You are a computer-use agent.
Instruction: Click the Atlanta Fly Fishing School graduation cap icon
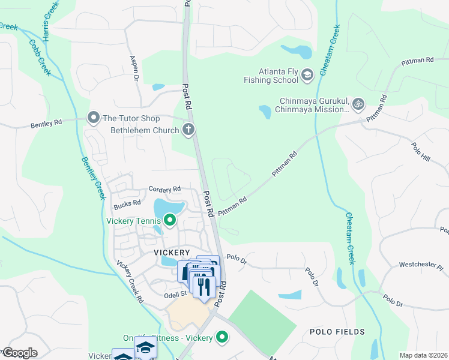tap(307, 74)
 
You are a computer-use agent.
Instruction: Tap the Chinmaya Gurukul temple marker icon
tap(358, 104)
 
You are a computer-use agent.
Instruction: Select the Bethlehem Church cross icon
tap(188, 129)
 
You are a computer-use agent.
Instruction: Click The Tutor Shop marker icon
tap(93, 118)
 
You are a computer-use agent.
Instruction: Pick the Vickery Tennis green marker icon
tap(170, 221)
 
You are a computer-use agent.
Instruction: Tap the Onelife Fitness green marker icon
tap(222, 338)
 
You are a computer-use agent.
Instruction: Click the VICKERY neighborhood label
tap(172, 253)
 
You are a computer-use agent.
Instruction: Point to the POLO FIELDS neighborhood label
tap(337, 331)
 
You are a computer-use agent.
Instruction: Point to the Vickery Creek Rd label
tap(130, 281)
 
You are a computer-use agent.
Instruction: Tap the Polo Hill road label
tap(421, 151)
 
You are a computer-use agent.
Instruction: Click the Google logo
tap(19, 353)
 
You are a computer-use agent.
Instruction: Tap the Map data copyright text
tap(423, 355)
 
